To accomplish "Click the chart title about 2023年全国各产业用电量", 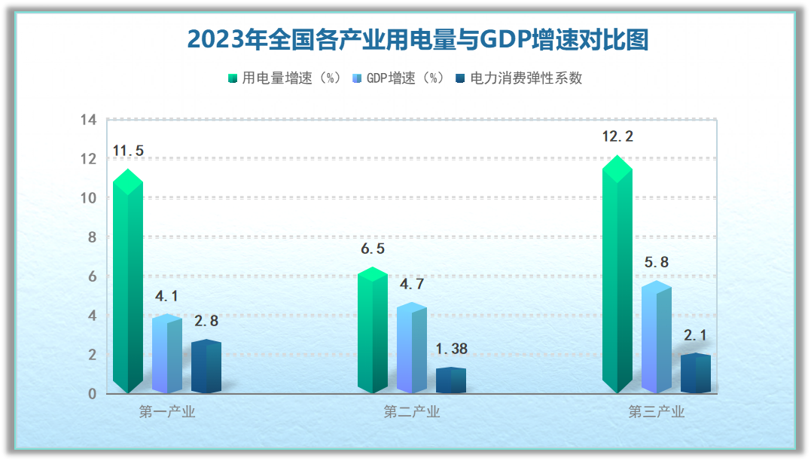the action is point(417,40).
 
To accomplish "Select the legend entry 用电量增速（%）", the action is point(285,78).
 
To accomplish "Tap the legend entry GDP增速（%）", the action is point(398,78).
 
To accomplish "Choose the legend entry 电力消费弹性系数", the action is point(519,78).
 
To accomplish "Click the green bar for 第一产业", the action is point(128,281).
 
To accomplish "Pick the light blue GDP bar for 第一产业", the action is point(167,354).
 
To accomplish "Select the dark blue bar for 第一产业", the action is point(206,366).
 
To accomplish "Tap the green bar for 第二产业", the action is point(373,330).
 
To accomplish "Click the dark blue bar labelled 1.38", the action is point(451,380).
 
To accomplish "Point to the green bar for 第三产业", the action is point(617,274).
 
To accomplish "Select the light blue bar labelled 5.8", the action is point(657,337).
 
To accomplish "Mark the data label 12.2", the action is point(617,136).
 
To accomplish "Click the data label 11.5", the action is point(128,151).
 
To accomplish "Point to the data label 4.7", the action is point(412,284).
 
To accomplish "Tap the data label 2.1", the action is point(696,335).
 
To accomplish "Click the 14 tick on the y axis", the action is point(88,120).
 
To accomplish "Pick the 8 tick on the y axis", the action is point(92,237).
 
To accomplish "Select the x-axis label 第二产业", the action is point(412,412).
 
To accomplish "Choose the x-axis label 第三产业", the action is point(657,412).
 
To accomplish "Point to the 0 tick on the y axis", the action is point(92,394).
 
